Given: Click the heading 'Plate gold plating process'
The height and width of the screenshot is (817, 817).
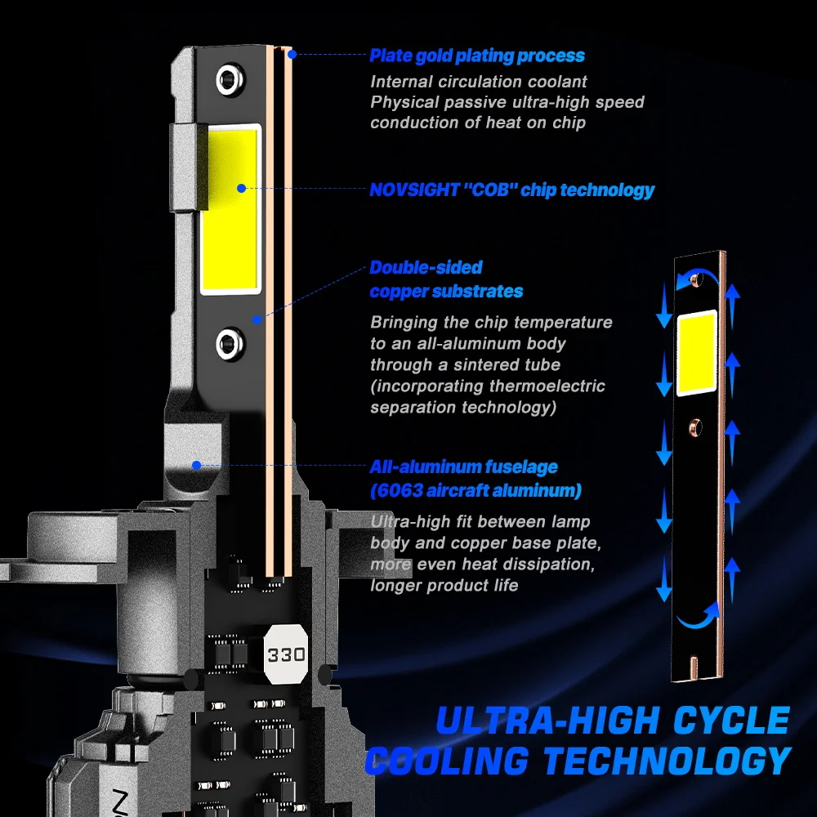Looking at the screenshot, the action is (477, 56).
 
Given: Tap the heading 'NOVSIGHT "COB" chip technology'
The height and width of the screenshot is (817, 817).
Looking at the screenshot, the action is (512, 190).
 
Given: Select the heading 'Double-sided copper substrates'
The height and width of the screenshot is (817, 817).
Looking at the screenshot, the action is (446, 279).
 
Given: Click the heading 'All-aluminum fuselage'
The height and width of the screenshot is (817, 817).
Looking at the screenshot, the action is (463, 467).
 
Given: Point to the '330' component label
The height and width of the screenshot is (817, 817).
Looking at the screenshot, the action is (286, 654).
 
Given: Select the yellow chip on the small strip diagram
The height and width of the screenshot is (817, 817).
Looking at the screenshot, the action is (696, 352).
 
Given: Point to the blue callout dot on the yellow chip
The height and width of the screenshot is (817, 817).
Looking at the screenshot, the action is (241, 188).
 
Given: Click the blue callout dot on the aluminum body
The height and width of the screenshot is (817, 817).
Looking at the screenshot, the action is (197, 466).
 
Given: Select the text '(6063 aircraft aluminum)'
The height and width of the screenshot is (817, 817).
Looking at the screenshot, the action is (475, 491).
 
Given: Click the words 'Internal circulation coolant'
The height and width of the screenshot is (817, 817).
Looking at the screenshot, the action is (479, 82).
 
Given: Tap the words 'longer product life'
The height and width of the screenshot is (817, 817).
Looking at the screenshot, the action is (444, 585).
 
